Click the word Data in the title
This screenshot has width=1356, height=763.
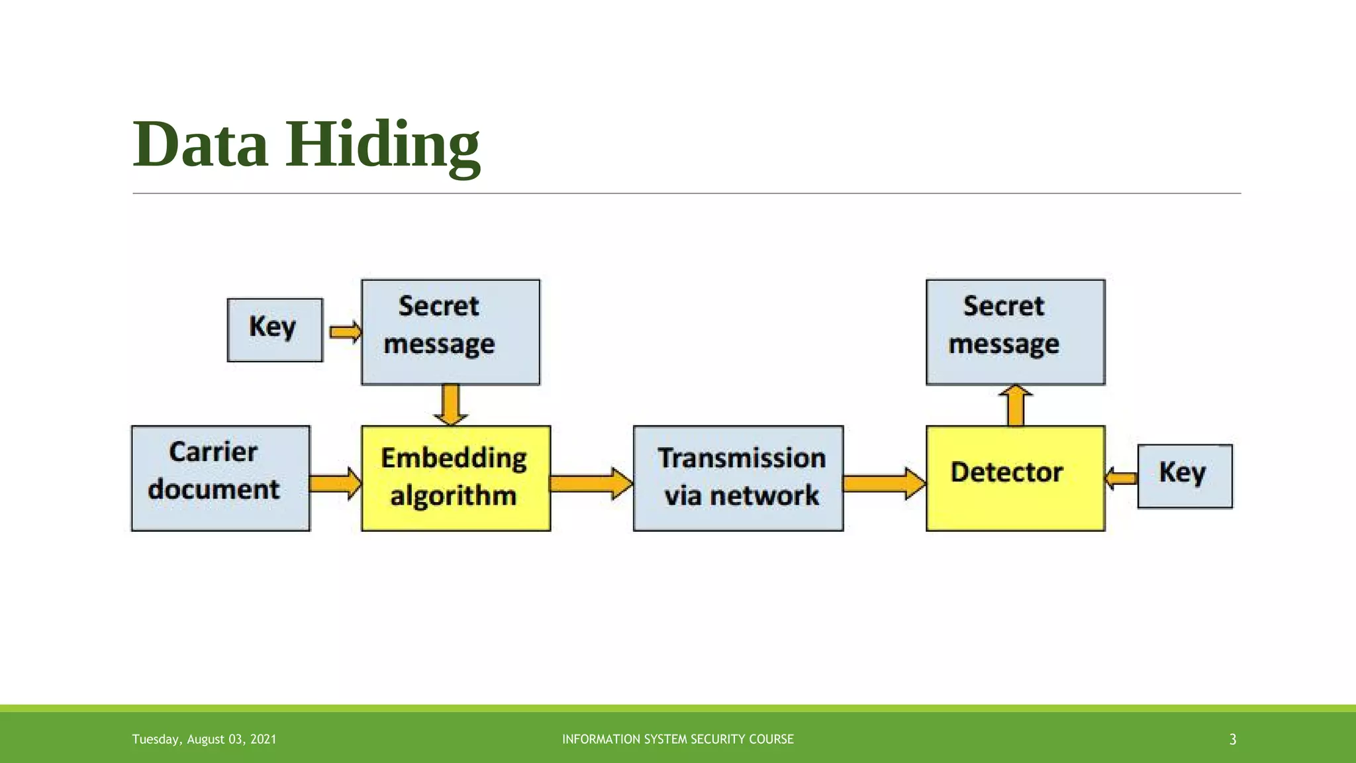[x=200, y=144]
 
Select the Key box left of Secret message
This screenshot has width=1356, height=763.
[x=275, y=330]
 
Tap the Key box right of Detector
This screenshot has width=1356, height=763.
[x=1185, y=476]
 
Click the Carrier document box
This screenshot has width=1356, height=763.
[x=220, y=478]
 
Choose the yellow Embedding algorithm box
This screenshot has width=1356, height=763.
[x=456, y=478]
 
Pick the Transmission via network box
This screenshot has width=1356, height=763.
[x=738, y=478]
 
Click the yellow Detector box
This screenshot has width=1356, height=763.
[x=1015, y=478]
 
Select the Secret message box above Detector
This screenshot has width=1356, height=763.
[x=1015, y=331]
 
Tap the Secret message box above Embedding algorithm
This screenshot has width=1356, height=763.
[x=450, y=331]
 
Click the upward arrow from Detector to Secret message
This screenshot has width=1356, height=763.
[x=1015, y=405]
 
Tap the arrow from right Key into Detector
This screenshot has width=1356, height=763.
[x=1122, y=478]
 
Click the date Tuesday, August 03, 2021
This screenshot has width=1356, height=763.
[x=204, y=739]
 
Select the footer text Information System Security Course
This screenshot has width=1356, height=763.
[x=677, y=739]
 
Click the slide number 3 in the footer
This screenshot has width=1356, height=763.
[x=1232, y=739]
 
